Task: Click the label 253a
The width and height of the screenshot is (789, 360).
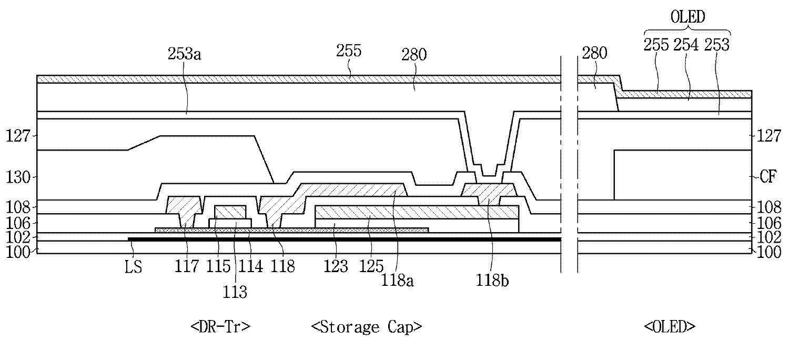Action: (x=184, y=54)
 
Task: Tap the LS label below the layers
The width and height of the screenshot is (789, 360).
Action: (x=134, y=267)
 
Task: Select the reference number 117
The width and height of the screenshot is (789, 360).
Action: (x=187, y=267)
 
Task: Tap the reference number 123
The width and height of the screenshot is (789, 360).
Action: (x=336, y=267)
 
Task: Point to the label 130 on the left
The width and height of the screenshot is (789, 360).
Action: (x=18, y=176)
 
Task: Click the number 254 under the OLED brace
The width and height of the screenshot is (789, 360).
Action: (x=686, y=45)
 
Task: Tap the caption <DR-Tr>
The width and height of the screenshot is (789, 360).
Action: (x=220, y=327)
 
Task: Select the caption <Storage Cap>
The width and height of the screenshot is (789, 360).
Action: (x=366, y=327)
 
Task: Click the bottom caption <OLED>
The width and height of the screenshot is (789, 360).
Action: (x=670, y=327)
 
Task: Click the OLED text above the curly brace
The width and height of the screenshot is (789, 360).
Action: (x=687, y=17)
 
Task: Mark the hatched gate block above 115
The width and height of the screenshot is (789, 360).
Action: (x=230, y=212)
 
